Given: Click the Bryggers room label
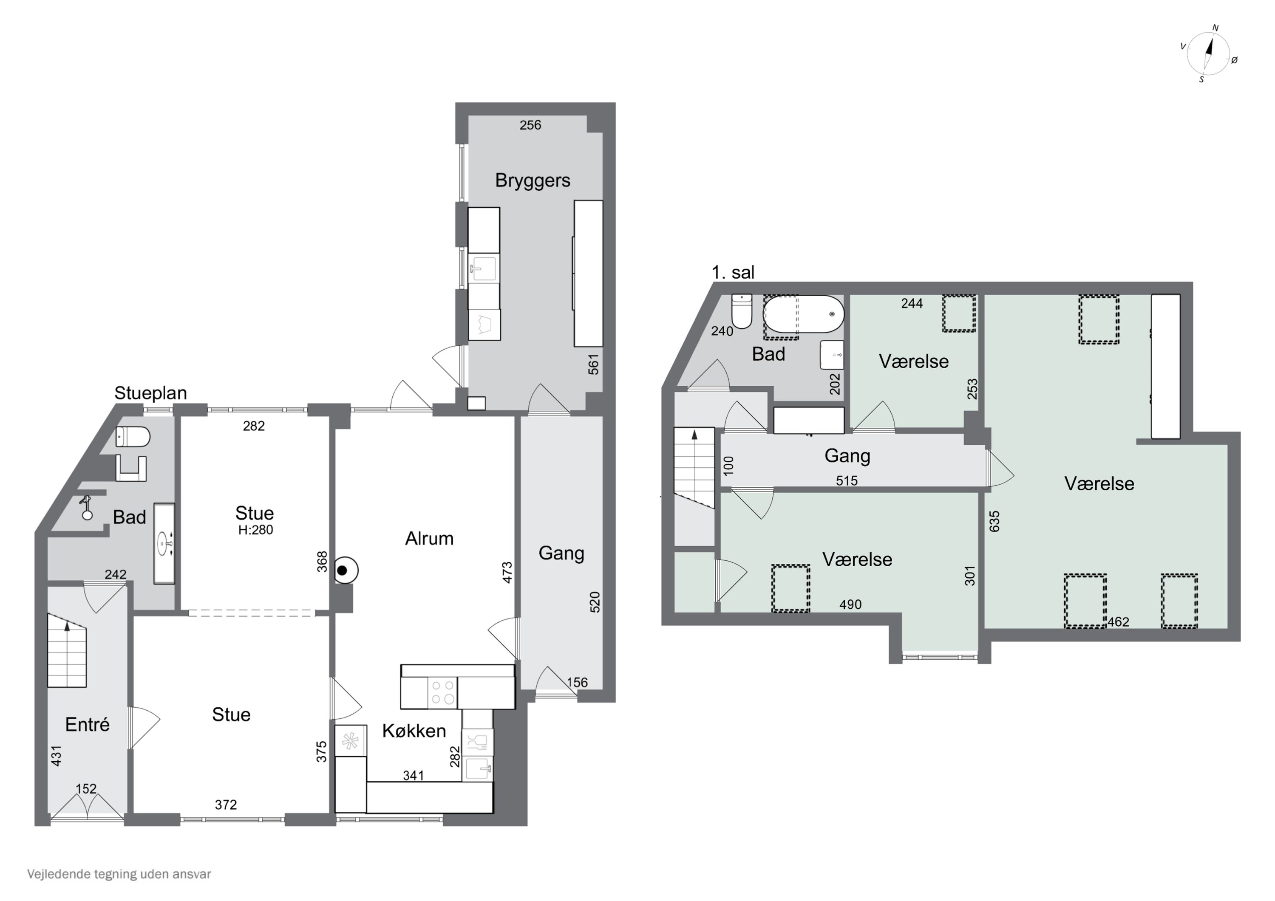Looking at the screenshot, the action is (533, 181).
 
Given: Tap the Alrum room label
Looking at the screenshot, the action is (429, 539).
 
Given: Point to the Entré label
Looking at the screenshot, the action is (87, 724).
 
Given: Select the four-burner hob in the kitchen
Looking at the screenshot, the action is (442, 693).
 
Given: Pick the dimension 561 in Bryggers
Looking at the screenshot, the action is (594, 364).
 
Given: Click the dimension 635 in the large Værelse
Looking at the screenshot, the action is (994, 521).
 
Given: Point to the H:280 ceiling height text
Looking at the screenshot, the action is (255, 530).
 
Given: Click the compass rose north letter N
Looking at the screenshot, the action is (1215, 28).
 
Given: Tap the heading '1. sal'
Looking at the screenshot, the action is (733, 273).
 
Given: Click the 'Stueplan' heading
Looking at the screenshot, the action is (150, 393).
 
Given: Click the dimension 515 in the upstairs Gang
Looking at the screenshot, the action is (847, 481).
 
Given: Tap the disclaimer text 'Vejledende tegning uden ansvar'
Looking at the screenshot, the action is (119, 874).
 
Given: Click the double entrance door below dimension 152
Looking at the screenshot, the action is (87, 806).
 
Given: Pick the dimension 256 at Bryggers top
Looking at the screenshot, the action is (530, 125).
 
